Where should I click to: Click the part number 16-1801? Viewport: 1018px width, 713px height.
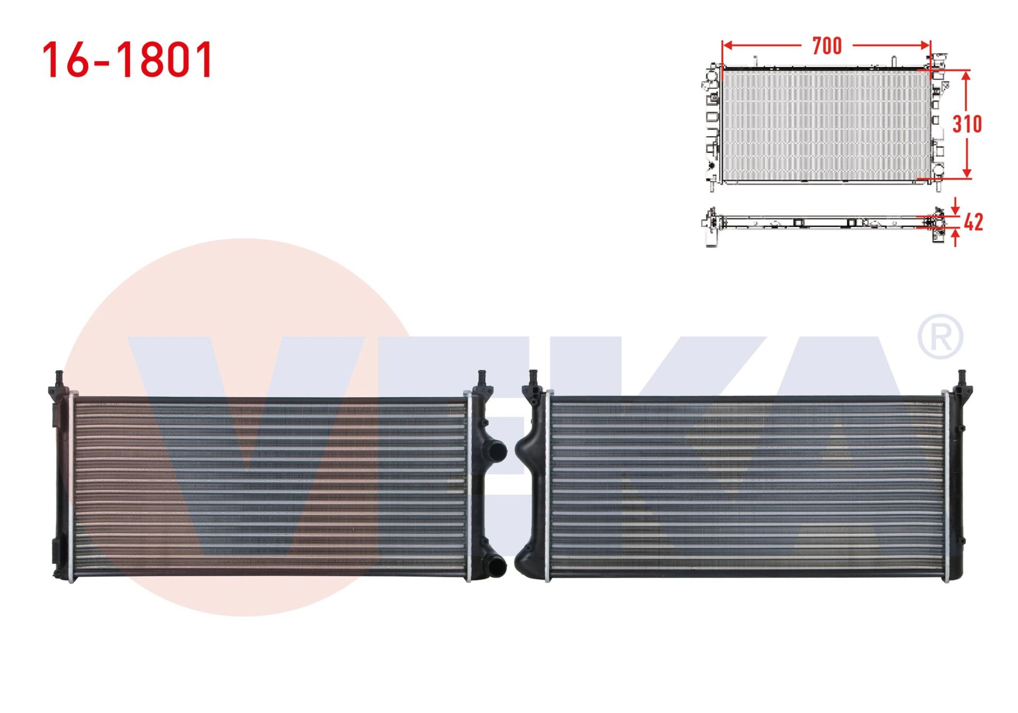pos(127,60)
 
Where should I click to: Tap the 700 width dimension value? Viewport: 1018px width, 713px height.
pos(827,46)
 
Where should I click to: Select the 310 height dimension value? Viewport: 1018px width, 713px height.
pos(967,124)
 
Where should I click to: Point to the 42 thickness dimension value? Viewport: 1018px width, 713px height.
pos(973,222)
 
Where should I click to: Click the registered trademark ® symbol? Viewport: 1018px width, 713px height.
pos(940,337)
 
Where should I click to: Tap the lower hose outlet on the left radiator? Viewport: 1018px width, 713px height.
pos(497,567)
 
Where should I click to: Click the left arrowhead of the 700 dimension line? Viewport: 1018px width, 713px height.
pos(727,46)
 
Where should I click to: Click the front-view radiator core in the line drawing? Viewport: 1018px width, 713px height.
pos(826,125)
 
